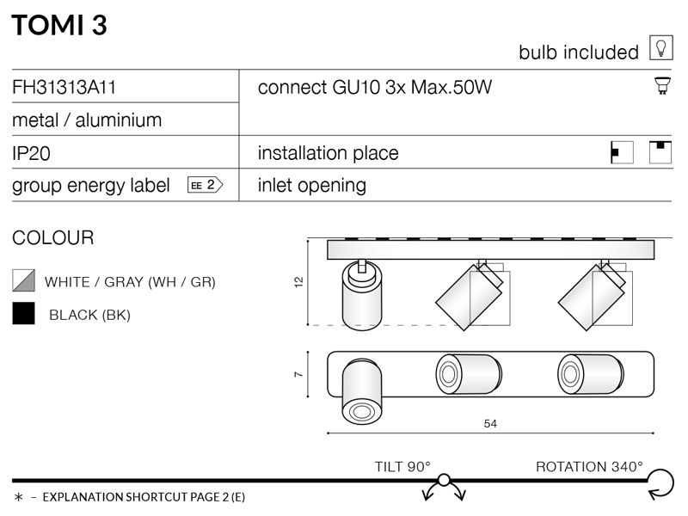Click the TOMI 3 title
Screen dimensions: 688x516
click(59, 25)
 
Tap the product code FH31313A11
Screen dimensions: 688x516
click(64, 87)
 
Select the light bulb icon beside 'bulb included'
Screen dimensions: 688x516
click(660, 47)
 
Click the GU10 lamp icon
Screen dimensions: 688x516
click(662, 85)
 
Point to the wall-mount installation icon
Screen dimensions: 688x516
click(622, 152)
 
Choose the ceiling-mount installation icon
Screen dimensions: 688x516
click(660, 152)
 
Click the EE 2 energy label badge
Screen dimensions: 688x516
click(206, 185)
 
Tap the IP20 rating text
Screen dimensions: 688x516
click(31, 154)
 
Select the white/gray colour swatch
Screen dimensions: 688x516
click(24, 280)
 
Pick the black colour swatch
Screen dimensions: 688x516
click(24, 313)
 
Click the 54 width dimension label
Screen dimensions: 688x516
click(490, 423)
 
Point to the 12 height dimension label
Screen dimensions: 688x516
click(298, 282)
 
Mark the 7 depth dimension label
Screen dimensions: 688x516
click(298, 374)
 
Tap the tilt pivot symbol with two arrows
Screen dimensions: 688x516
click(444, 487)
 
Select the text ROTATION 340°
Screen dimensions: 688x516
click(589, 466)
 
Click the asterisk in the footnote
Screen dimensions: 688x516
click(18, 497)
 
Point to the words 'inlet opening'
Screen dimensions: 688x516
click(312, 185)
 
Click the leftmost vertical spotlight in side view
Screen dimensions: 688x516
click(362, 295)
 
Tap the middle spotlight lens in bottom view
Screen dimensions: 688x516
click(448, 374)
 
